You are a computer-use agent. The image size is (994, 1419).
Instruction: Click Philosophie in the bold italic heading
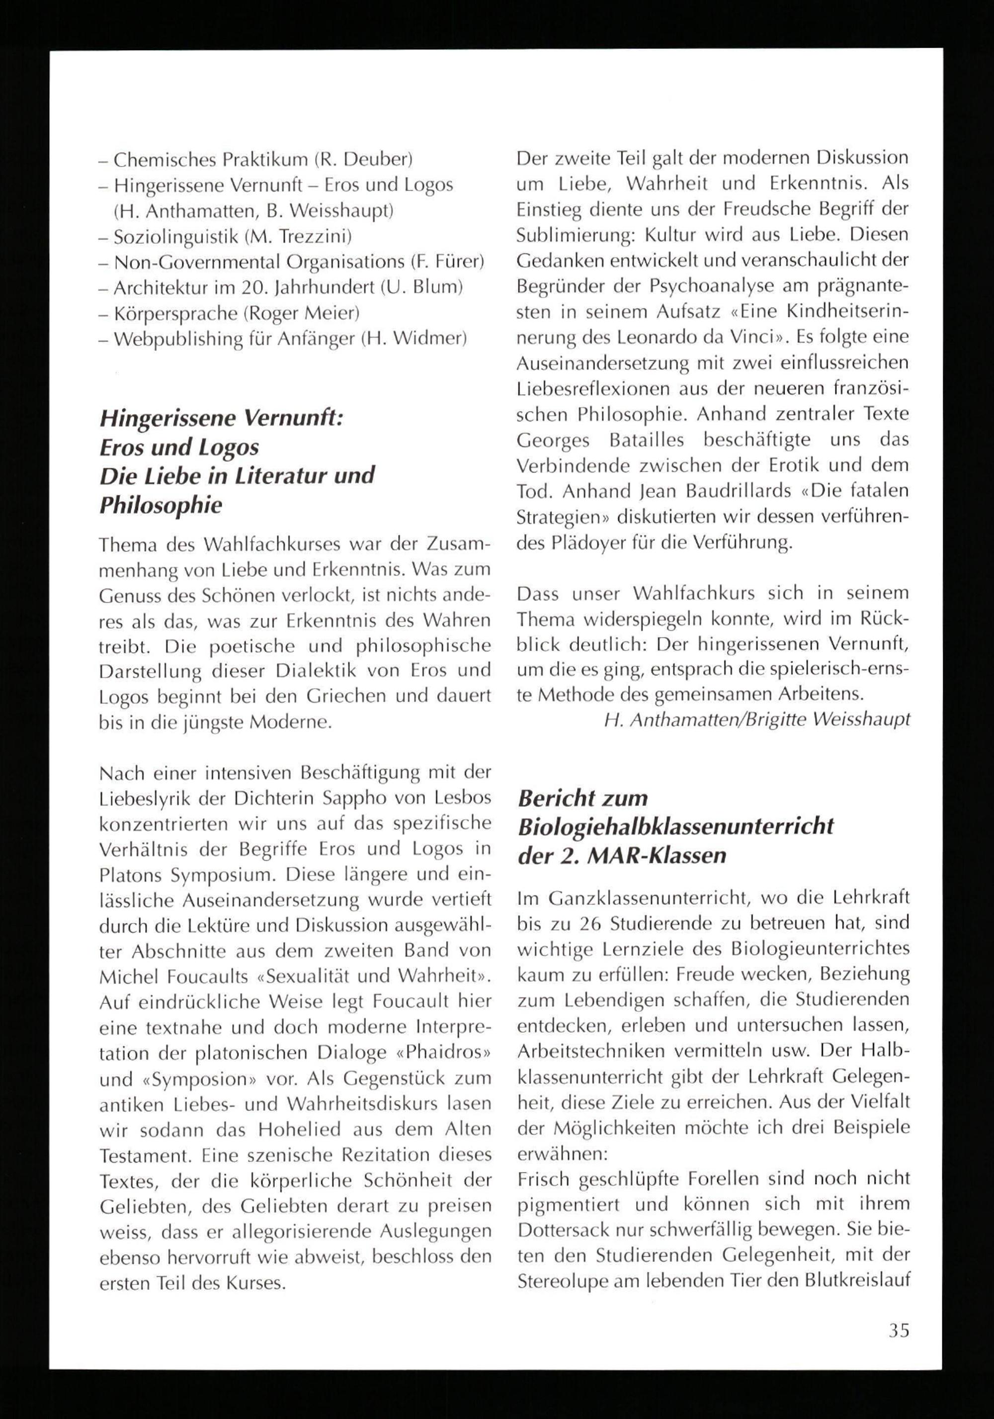(161, 505)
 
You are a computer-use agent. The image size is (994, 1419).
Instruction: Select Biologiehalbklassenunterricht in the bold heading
(676, 826)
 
